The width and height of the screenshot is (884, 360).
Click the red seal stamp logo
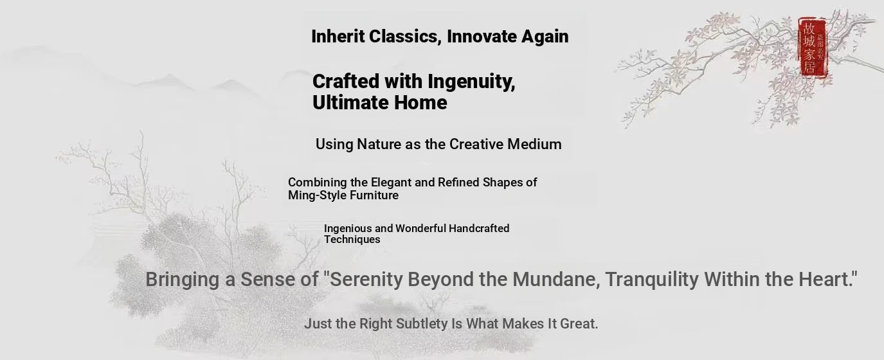click(x=813, y=48)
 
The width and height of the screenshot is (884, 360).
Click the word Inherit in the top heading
click(x=338, y=36)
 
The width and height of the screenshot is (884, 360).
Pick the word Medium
click(x=534, y=144)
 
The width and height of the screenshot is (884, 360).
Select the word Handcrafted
click(x=479, y=228)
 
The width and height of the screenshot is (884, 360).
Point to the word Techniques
click(x=352, y=239)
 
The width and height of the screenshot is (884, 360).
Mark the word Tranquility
click(x=651, y=280)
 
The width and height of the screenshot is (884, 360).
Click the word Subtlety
click(x=422, y=324)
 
